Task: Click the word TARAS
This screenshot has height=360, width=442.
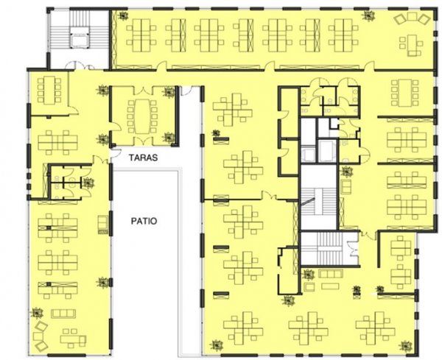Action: tap(143, 158)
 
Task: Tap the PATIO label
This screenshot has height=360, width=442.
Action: tap(144, 221)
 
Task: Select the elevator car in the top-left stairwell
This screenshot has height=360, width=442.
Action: tap(79, 40)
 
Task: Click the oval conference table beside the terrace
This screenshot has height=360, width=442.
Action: tap(142, 116)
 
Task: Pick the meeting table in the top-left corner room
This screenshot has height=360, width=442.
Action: tap(49, 90)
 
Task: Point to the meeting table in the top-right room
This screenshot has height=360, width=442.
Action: tap(404, 93)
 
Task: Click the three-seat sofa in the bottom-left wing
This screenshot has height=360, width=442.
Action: tap(63, 314)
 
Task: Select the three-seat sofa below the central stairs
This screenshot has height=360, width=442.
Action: tap(331, 274)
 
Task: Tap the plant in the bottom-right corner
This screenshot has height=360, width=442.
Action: tap(405, 346)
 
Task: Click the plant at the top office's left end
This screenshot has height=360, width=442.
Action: tap(123, 15)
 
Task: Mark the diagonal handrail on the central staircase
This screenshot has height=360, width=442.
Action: tap(307, 202)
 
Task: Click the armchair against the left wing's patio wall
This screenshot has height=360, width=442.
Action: tap(102, 225)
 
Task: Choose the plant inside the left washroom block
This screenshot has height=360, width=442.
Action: tap(88, 183)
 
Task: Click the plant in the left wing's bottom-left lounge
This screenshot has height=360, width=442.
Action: tap(37, 313)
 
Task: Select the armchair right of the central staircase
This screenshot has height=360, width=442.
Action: tap(346, 186)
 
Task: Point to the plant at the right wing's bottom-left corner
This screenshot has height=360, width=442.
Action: tap(217, 345)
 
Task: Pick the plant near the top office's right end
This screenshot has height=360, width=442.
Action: tap(368, 15)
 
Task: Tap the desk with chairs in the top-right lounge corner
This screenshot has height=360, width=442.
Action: tap(412, 44)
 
